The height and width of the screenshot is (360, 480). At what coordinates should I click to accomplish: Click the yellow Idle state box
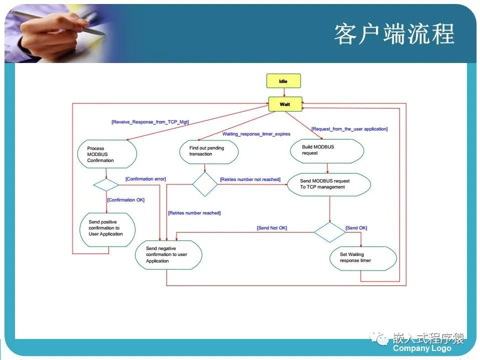(x=284, y=80)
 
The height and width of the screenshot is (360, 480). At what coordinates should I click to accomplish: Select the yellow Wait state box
(x=284, y=104)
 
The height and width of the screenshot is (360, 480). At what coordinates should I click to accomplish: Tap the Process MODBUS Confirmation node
(x=107, y=154)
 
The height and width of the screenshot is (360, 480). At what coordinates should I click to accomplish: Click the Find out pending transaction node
(x=208, y=151)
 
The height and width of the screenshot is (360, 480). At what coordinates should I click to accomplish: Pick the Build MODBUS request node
(x=327, y=150)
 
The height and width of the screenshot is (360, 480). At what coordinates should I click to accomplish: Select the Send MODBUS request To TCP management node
(x=329, y=184)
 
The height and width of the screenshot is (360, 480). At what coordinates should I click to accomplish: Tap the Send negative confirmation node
(x=169, y=254)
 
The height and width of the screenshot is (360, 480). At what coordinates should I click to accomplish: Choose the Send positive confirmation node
(x=108, y=228)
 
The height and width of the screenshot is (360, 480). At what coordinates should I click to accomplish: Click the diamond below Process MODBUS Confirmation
(x=106, y=184)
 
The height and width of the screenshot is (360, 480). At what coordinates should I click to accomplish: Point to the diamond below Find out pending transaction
(x=205, y=184)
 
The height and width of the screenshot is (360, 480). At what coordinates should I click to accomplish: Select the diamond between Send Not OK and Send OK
(x=329, y=232)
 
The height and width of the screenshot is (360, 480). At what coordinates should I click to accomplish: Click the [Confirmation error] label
(x=145, y=179)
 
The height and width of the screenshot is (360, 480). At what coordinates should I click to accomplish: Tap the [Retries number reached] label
(x=194, y=213)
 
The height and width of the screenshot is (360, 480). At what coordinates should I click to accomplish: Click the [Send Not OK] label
(x=272, y=228)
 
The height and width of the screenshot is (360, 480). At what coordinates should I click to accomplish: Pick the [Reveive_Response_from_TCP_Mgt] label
(x=150, y=122)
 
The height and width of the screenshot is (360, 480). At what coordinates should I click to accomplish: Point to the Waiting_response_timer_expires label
(x=256, y=134)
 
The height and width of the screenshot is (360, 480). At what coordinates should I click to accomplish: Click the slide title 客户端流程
(x=394, y=34)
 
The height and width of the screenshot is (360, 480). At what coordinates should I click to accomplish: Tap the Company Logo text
(x=422, y=348)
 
